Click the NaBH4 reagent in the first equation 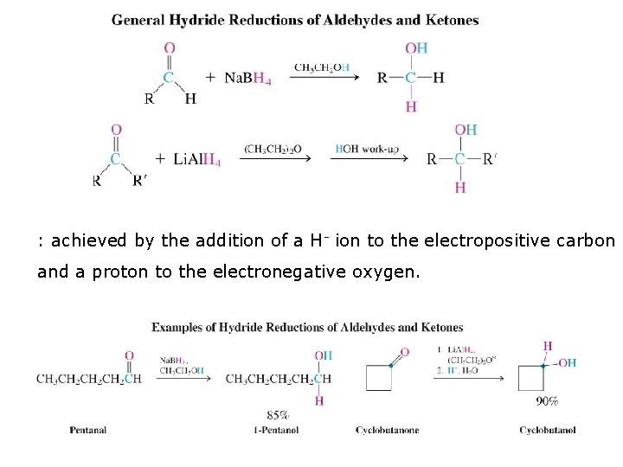248,78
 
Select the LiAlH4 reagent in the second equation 196,159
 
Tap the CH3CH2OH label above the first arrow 323,67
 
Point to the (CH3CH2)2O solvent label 273,149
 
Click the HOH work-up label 367,149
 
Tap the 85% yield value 277,415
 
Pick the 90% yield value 548,401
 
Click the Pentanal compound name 88,430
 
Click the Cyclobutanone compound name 383,430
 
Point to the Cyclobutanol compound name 547,430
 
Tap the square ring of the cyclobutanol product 531,378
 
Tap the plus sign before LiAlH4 160,159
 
